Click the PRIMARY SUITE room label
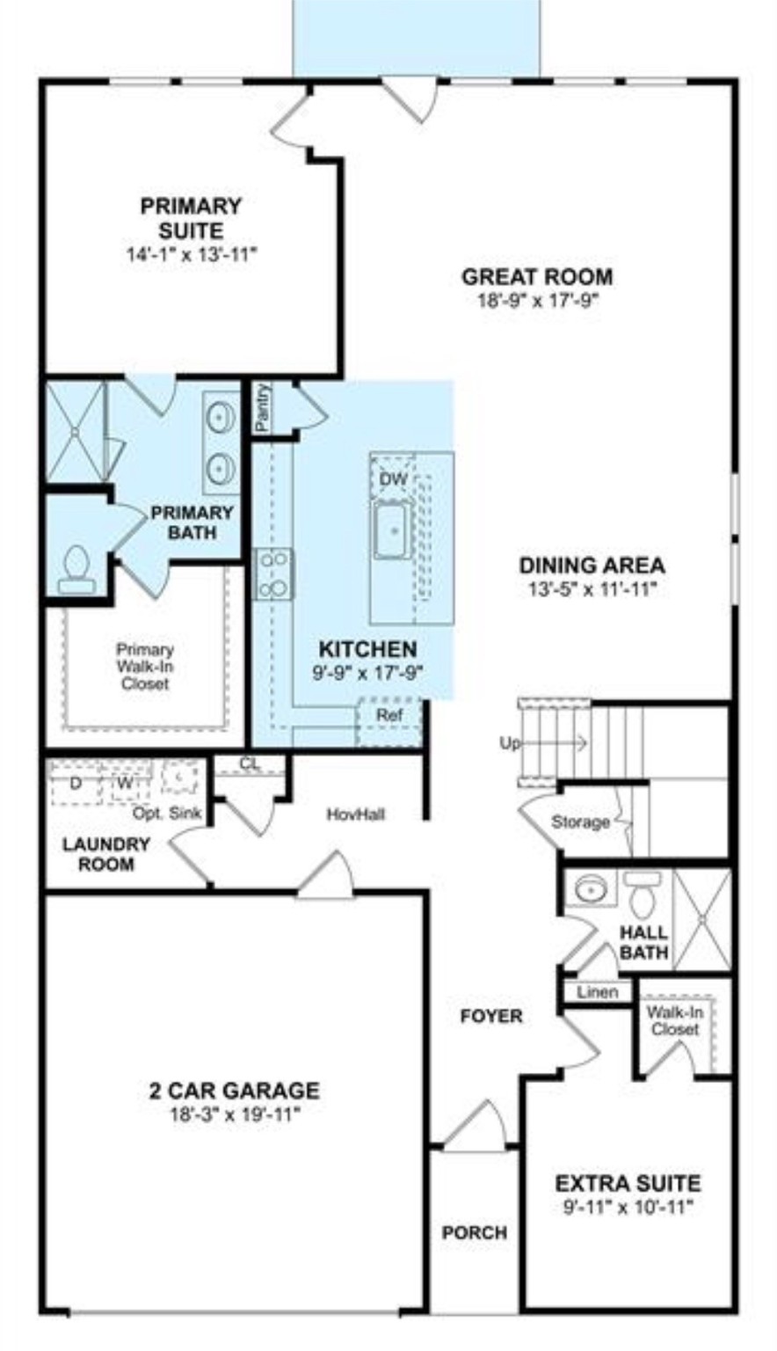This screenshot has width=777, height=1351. click(x=190, y=218)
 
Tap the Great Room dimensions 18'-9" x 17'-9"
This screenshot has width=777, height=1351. click(x=537, y=301)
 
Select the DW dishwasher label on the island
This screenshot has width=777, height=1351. click(x=393, y=479)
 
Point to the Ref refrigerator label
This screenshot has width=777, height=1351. click(x=389, y=715)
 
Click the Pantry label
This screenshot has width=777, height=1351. click(x=262, y=407)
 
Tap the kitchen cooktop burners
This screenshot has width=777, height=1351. click(x=273, y=573)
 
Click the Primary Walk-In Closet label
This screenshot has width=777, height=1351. click(x=145, y=666)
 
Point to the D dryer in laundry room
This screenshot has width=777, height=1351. click(x=75, y=781)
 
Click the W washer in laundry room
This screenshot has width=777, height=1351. click(x=126, y=782)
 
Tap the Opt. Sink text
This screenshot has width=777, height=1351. click(x=167, y=814)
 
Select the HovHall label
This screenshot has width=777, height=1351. click(x=355, y=814)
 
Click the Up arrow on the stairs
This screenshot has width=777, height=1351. click(x=545, y=743)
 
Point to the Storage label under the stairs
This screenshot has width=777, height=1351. click(x=580, y=822)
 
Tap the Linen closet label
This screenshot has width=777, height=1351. click(x=597, y=992)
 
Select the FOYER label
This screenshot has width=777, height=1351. click(x=491, y=1017)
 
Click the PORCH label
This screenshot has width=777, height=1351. click(x=474, y=1233)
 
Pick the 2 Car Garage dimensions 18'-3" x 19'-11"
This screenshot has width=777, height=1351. click(x=234, y=1115)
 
